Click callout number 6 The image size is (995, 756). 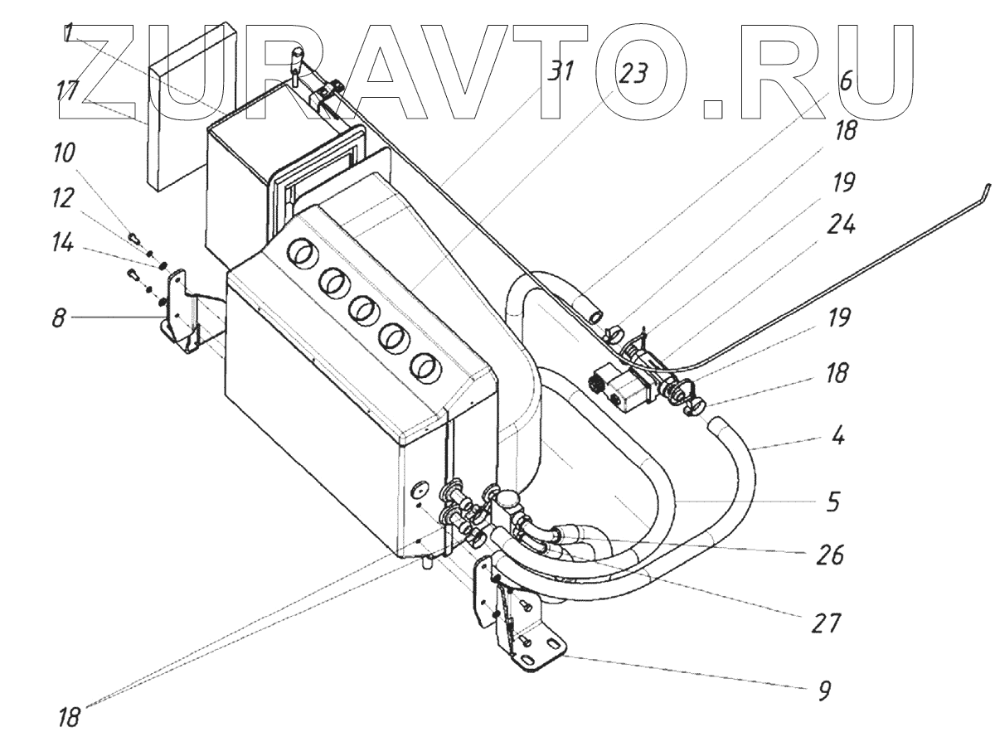pos(845,80)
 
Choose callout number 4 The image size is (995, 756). pos(838,437)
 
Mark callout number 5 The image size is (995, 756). pos(833,501)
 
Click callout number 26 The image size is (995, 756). pos(829,555)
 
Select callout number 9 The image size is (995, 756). pos(823,690)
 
